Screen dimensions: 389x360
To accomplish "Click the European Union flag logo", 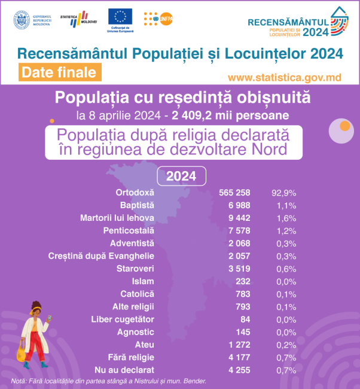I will click(x=120, y=17).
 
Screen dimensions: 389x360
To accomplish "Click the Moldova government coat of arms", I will click(x=22, y=19).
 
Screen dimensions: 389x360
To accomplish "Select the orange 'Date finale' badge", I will click(x=59, y=72).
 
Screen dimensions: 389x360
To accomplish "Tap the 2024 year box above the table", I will click(x=181, y=176).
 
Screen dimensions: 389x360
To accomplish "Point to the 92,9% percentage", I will click(x=283, y=193).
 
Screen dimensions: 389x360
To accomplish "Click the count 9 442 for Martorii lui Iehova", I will click(x=238, y=217).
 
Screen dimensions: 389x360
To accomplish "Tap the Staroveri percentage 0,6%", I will click(x=283, y=268).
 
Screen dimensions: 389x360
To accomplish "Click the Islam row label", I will click(x=143, y=281).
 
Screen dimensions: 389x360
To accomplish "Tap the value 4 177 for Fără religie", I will click(x=238, y=357).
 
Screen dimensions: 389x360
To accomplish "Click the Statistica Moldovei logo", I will click(x=75, y=19).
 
